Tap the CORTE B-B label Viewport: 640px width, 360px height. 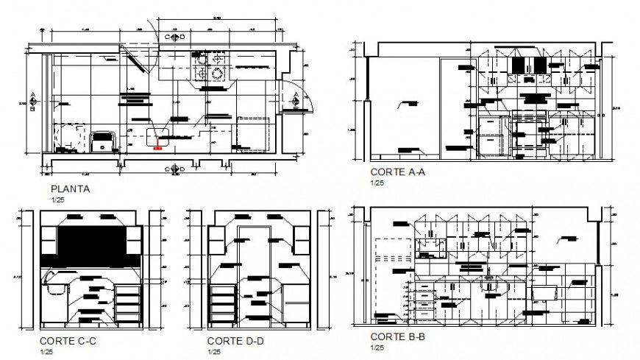(398, 336)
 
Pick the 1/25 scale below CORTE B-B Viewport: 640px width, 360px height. (377, 347)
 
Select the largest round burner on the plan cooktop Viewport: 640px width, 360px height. (218, 73)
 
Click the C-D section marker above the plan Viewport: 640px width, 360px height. (175, 37)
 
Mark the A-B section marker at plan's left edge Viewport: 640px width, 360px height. (34, 98)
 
